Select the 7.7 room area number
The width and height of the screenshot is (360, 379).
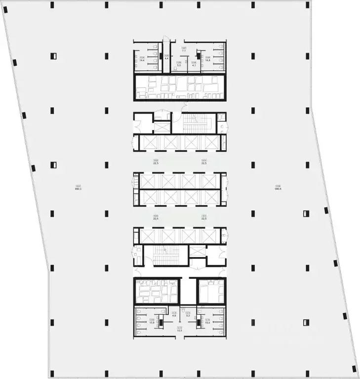[183, 51]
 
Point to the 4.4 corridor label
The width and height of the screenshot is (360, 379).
[166, 58]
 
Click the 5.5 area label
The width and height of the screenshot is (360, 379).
[179, 66]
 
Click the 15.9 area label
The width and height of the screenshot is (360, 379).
[152, 323]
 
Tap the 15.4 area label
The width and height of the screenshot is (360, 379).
[207, 323]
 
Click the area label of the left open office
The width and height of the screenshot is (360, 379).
[78, 188]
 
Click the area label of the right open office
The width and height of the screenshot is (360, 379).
[278, 188]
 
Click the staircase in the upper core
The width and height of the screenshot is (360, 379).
[194, 123]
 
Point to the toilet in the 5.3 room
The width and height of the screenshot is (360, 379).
[183, 310]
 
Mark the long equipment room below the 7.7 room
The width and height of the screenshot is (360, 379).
[180, 87]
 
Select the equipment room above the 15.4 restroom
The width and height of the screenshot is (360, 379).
[211, 291]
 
